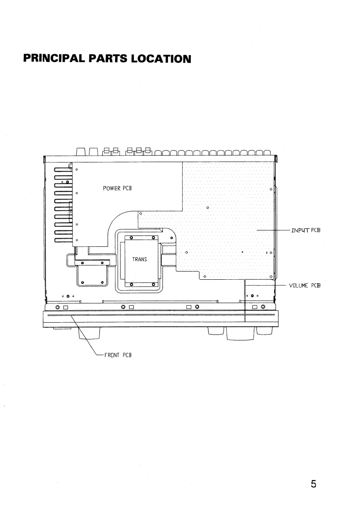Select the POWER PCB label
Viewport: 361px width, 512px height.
117,188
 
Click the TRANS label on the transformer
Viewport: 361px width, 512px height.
140,259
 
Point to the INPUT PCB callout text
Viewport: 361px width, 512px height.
306,230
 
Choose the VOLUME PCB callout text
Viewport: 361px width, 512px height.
305,285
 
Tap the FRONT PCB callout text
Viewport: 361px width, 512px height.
118,355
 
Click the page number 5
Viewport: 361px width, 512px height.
314,484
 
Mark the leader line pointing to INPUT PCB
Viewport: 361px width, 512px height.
273,230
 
